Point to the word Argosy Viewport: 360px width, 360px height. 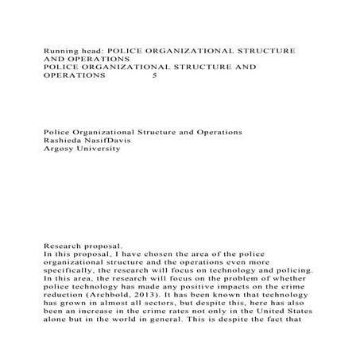coord(59,149)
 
